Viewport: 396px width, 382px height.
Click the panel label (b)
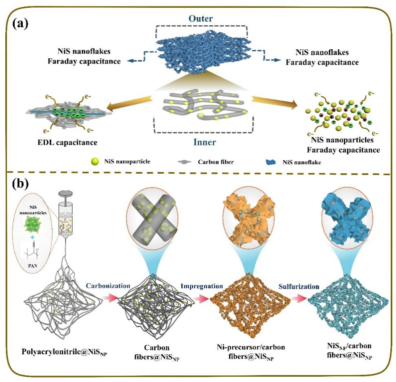[20, 184]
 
